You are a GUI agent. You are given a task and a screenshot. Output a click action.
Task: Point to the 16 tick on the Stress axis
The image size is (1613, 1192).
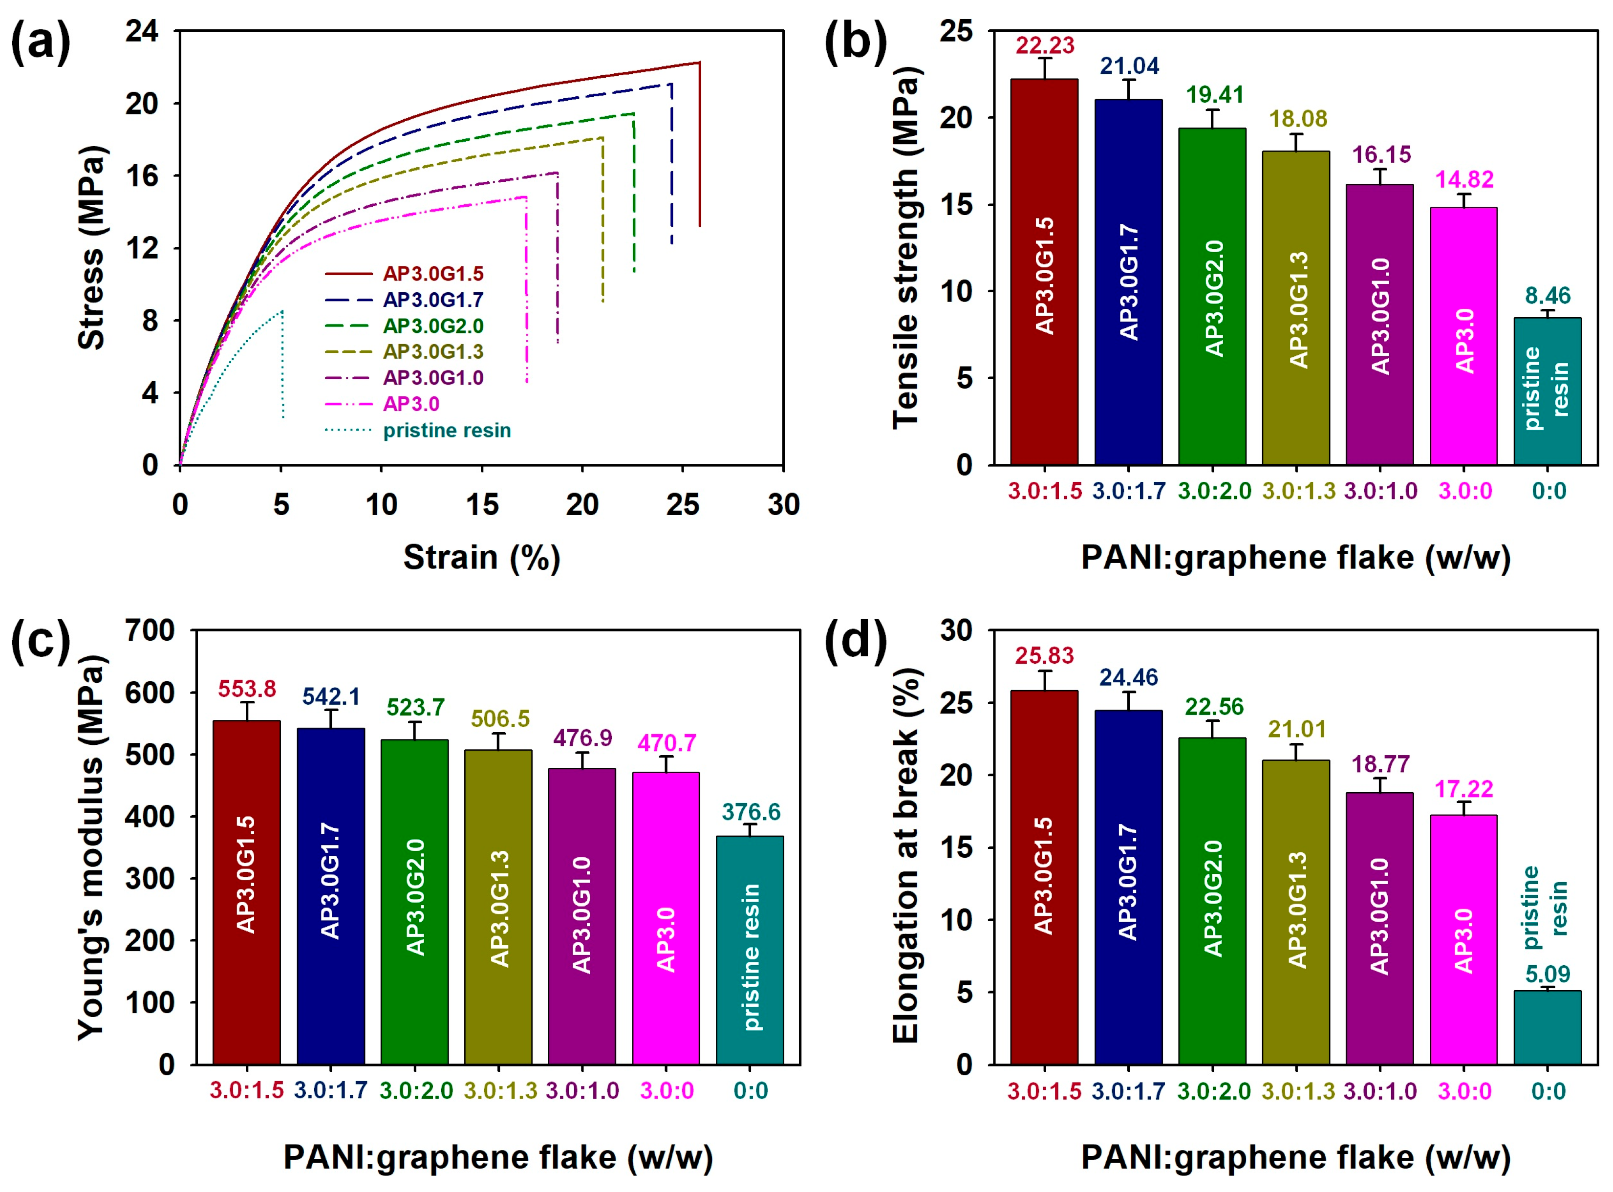[x=142, y=176]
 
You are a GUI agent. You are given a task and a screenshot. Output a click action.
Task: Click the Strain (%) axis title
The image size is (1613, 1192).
[x=481, y=558]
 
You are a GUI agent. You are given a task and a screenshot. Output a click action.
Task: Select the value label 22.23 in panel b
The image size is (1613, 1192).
[x=1045, y=46]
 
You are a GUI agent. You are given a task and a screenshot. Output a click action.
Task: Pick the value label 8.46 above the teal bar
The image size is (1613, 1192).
[x=1548, y=296]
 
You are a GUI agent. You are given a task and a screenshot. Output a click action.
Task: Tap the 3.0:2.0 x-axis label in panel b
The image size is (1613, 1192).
[x=1214, y=491]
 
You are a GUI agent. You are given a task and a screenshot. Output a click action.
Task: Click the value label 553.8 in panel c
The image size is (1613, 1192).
[x=247, y=689]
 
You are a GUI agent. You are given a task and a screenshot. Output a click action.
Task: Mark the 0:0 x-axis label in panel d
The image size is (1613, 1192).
[x=1548, y=1091]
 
